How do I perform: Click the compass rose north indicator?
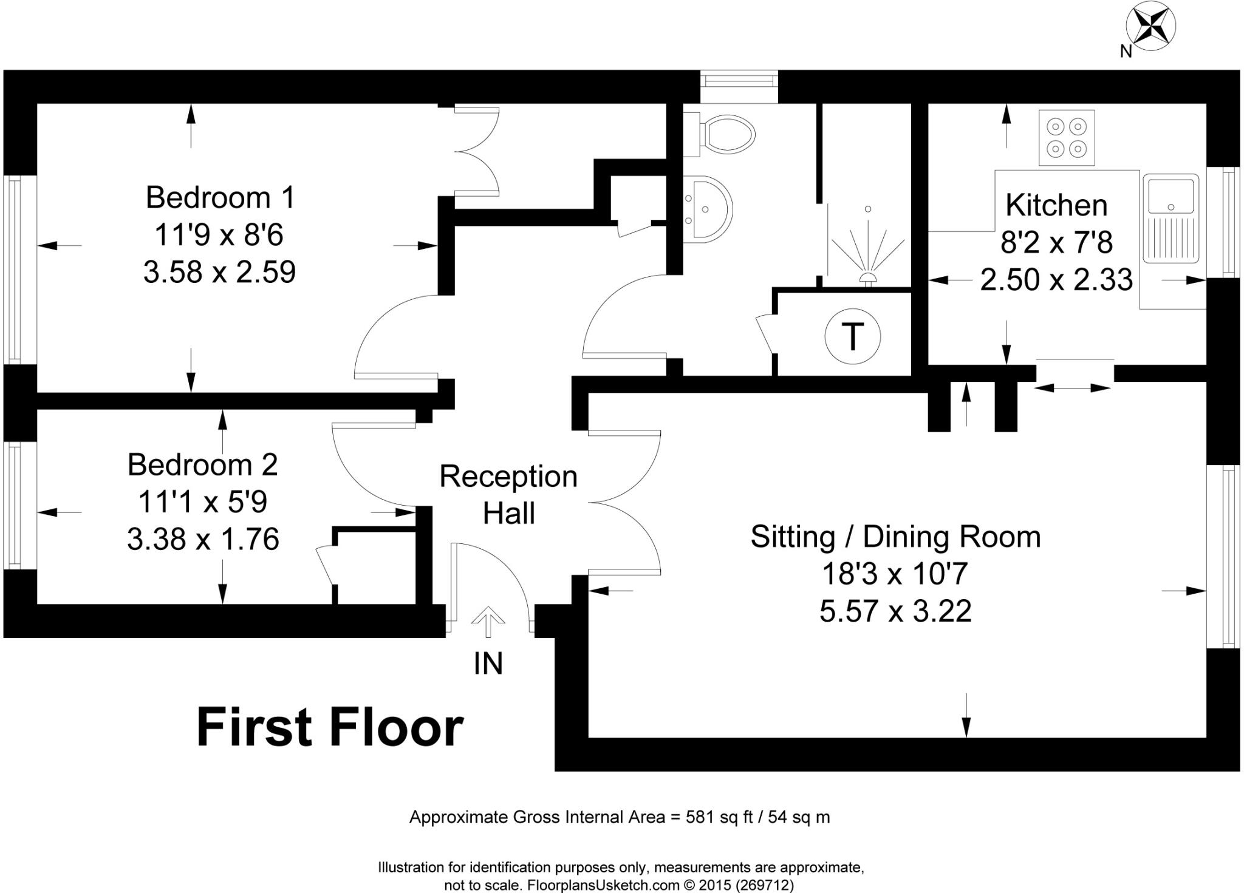1150,27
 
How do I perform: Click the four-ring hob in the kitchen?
1067,138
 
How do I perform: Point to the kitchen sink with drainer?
1171,218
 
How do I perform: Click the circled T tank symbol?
853,336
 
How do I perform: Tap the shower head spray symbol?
868,249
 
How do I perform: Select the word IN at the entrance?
488,664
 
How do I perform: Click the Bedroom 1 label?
220,198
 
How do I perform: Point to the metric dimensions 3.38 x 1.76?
203,539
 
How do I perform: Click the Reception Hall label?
508,495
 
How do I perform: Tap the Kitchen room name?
1056,205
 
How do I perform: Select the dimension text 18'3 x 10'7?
895,574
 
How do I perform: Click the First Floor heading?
330,728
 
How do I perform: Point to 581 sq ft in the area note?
719,817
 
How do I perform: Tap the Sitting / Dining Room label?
895,537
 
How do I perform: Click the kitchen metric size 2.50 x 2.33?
1056,280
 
